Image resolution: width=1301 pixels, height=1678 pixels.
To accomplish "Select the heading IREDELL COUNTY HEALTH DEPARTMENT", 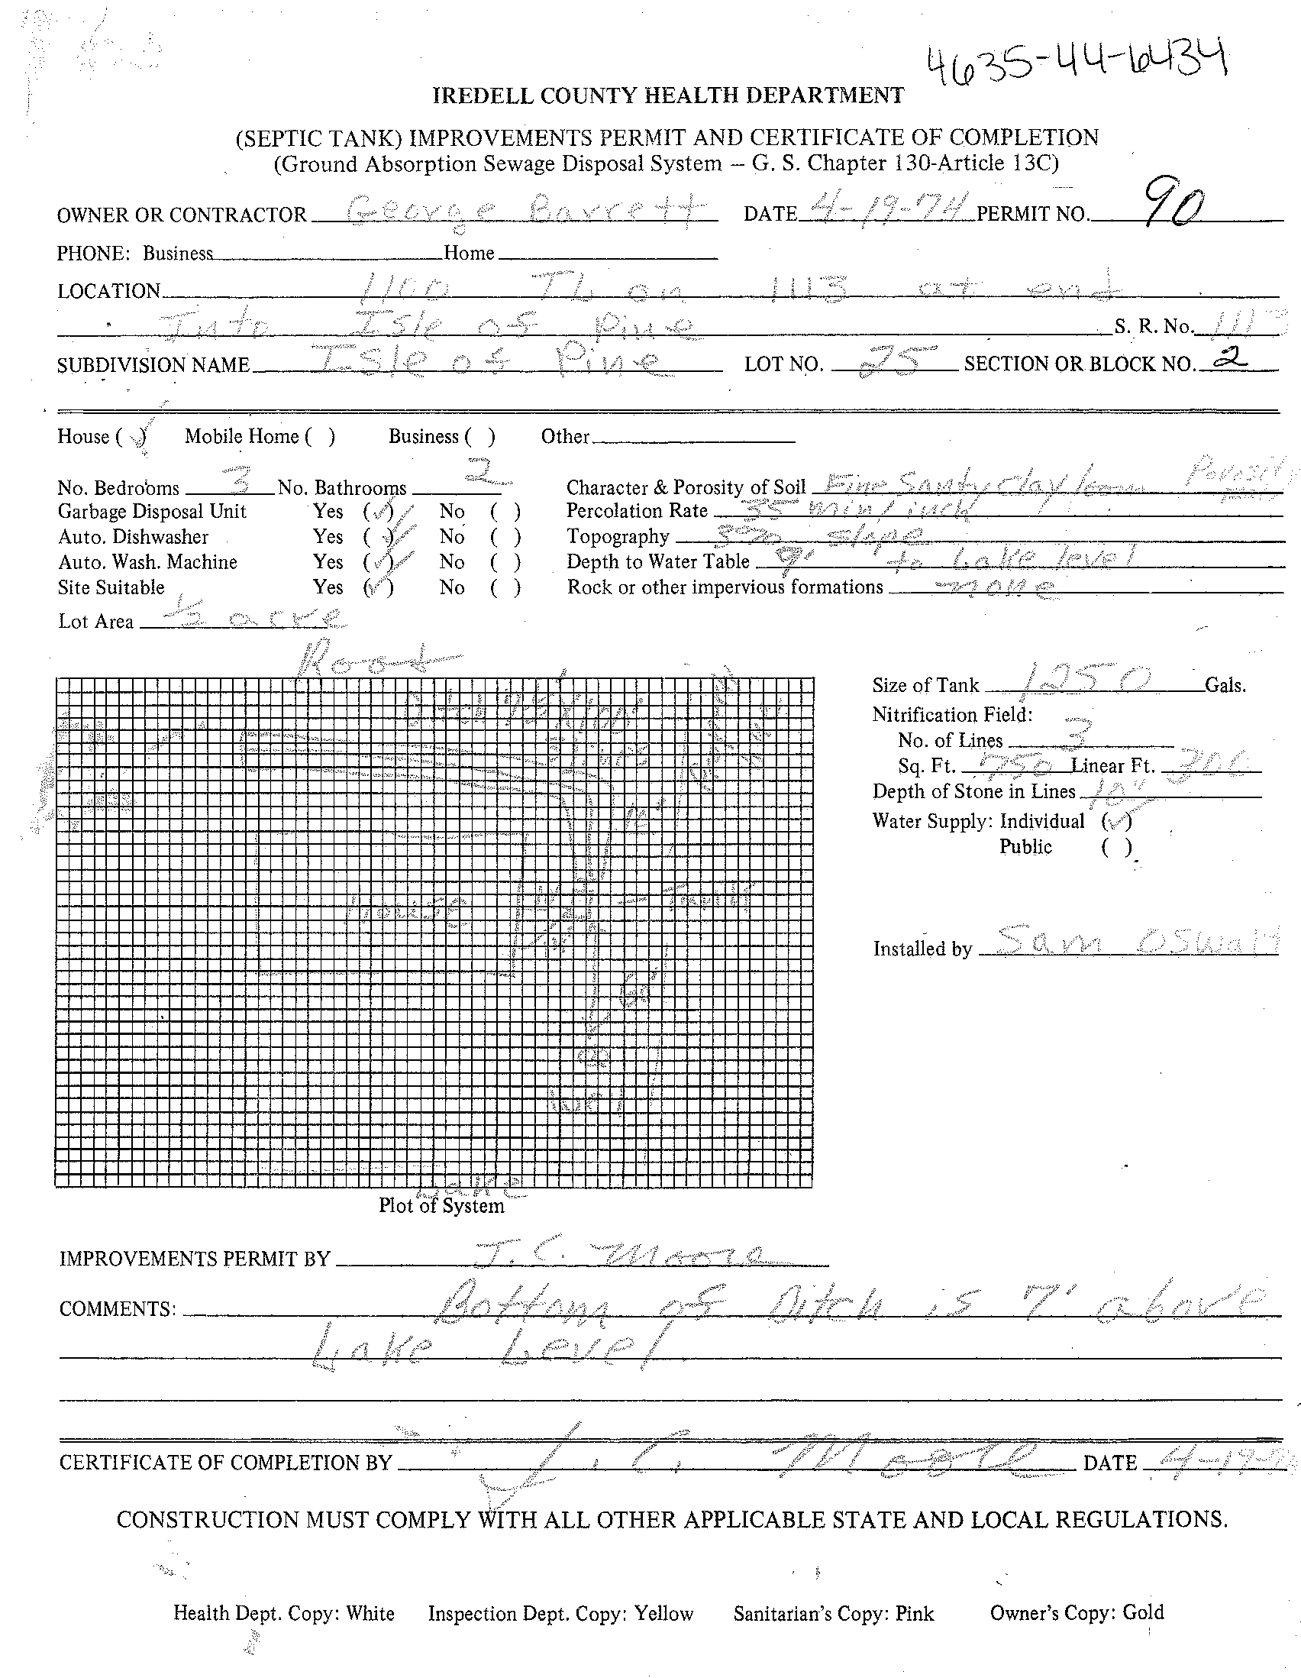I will coord(668,96).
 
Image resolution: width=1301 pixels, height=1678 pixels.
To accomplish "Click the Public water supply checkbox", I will coord(1117,848).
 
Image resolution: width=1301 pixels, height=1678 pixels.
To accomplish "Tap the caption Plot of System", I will coord(441,1205).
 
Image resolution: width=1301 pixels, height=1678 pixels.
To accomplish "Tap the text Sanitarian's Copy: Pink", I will coord(833,1613).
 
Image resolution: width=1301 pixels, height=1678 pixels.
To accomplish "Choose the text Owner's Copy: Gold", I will coord(1077,1612).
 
